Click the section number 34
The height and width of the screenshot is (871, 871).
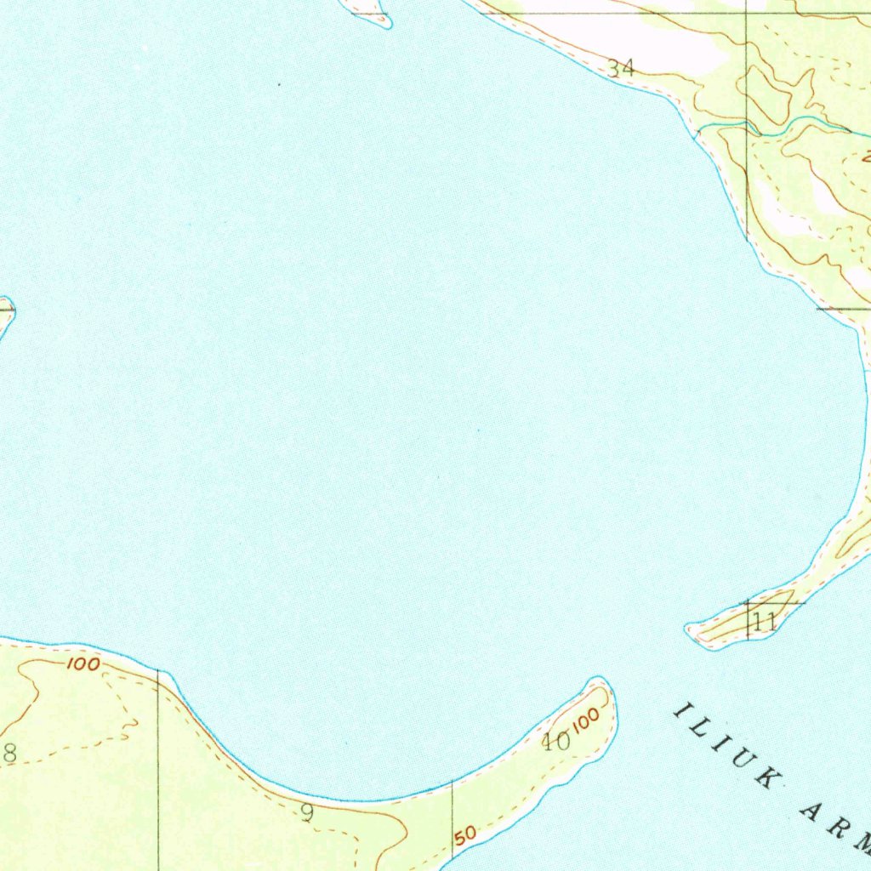point(621,68)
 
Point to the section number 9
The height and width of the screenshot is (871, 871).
point(307,813)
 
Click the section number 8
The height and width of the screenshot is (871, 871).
point(9,752)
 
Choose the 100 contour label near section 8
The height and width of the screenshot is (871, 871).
point(83,663)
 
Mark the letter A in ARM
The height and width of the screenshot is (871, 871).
point(808,813)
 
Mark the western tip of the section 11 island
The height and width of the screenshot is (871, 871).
point(692,632)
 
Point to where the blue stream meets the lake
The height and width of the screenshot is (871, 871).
point(699,134)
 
